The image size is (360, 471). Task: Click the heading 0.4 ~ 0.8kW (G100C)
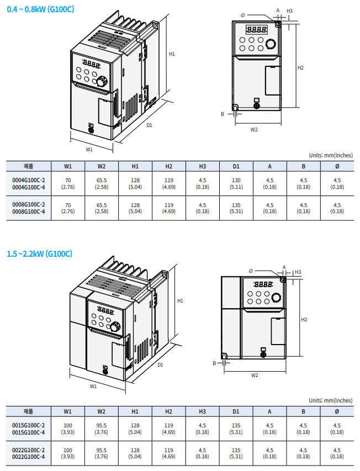(x=39, y=9)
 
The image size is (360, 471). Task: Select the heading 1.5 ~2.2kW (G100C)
(x=39, y=254)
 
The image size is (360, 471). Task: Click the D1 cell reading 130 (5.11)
(x=236, y=184)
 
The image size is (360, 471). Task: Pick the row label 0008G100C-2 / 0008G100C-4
(x=29, y=208)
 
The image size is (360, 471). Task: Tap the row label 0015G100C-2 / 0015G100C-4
(x=29, y=428)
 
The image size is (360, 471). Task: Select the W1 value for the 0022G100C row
(x=68, y=453)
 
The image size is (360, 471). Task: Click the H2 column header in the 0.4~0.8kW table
(x=169, y=166)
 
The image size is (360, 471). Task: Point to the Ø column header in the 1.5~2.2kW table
(x=337, y=411)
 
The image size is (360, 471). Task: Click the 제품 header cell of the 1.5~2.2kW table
(x=29, y=411)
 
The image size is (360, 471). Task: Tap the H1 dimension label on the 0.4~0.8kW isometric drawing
(x=172, y=54)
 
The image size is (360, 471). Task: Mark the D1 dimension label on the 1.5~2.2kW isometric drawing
(x=160, y=365)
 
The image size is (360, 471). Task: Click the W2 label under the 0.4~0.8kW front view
(x=254, y=130)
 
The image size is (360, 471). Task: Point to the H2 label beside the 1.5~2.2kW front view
(x=304, y=320)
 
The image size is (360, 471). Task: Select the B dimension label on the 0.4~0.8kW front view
(x=223, y=114)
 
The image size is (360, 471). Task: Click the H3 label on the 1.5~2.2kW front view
(x=298, y=272)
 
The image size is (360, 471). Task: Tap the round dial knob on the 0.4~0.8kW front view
(x=271, y=44)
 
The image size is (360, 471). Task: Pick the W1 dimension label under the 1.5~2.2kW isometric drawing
(x=93, y=387)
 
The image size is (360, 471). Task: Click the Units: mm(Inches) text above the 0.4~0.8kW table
(x=330, y=155)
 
